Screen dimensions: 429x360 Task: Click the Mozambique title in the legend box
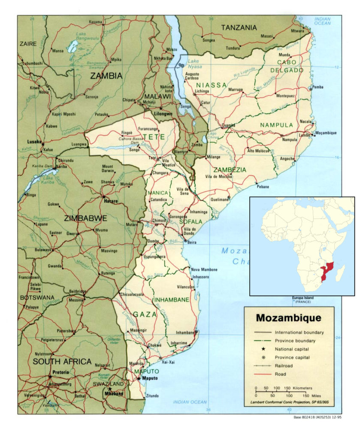(288, 318)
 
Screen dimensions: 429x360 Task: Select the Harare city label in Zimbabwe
(110, 200)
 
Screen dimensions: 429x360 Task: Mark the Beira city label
(192, 242)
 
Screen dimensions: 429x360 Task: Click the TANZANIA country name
(239, 28)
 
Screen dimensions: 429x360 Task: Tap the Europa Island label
(304, 298)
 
